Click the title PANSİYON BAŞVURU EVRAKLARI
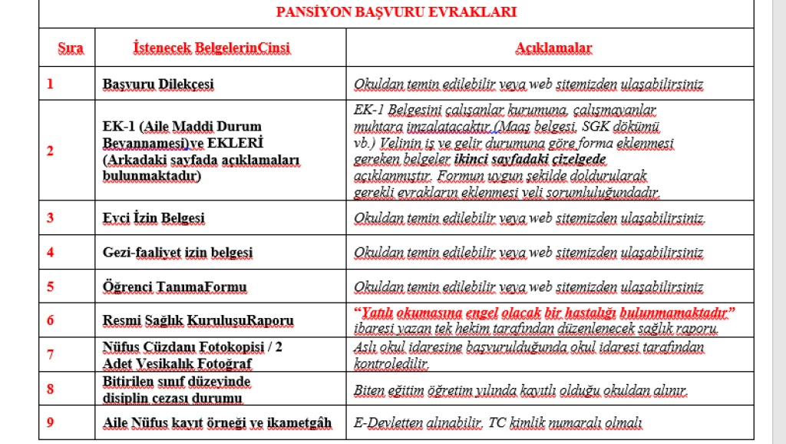[396, 12]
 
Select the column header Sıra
[71, 48]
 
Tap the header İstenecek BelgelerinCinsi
[212, 48]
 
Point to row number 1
[51, 84]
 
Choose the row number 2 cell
[51, 151]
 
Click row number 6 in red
[51, 320]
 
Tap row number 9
[51, 422]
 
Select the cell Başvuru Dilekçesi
[158, 84]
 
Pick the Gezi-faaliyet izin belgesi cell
[177, 252]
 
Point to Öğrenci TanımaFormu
[174, 287]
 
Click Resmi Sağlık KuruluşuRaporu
[198, 320]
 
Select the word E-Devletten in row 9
[389, 422]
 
